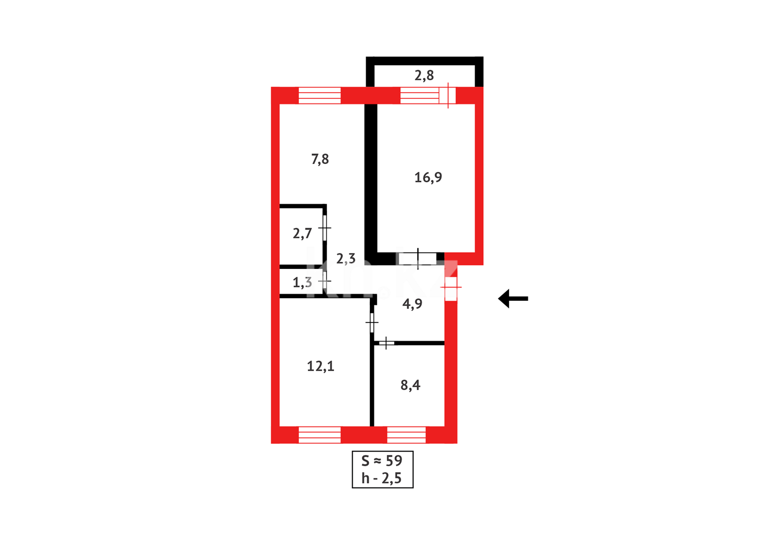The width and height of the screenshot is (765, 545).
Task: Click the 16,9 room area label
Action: point(428,178)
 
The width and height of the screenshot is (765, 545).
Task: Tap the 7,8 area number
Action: point(320,159)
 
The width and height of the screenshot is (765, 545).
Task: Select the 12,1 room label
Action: point(320,366)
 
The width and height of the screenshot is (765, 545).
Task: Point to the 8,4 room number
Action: point(410,386)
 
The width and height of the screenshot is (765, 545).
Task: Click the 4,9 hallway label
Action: point(412,304)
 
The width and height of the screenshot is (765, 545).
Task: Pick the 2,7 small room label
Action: point(302,234)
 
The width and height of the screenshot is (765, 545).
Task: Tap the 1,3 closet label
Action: point(302,283)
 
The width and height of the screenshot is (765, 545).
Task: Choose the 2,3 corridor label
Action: point(346,259)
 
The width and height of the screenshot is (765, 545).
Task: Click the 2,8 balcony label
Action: point(424,76)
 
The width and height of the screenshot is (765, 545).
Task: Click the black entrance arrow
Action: point(513,298)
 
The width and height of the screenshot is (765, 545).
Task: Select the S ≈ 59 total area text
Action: point(382,461)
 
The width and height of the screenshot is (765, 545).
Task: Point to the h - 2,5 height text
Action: point(381,478)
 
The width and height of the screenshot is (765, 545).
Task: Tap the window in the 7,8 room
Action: point(319,95)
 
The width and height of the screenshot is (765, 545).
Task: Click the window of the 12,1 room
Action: point(319,434)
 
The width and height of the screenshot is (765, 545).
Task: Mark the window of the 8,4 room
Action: point(406,434)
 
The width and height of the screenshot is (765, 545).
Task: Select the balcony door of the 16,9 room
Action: point(448,95)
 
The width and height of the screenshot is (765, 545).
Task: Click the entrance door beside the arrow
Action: point(451,288)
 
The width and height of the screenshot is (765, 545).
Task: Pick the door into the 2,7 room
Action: point(325,228)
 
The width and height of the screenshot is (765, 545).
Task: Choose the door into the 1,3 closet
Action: point(325,281)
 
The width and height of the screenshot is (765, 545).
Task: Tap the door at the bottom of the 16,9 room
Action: point(418,259)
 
